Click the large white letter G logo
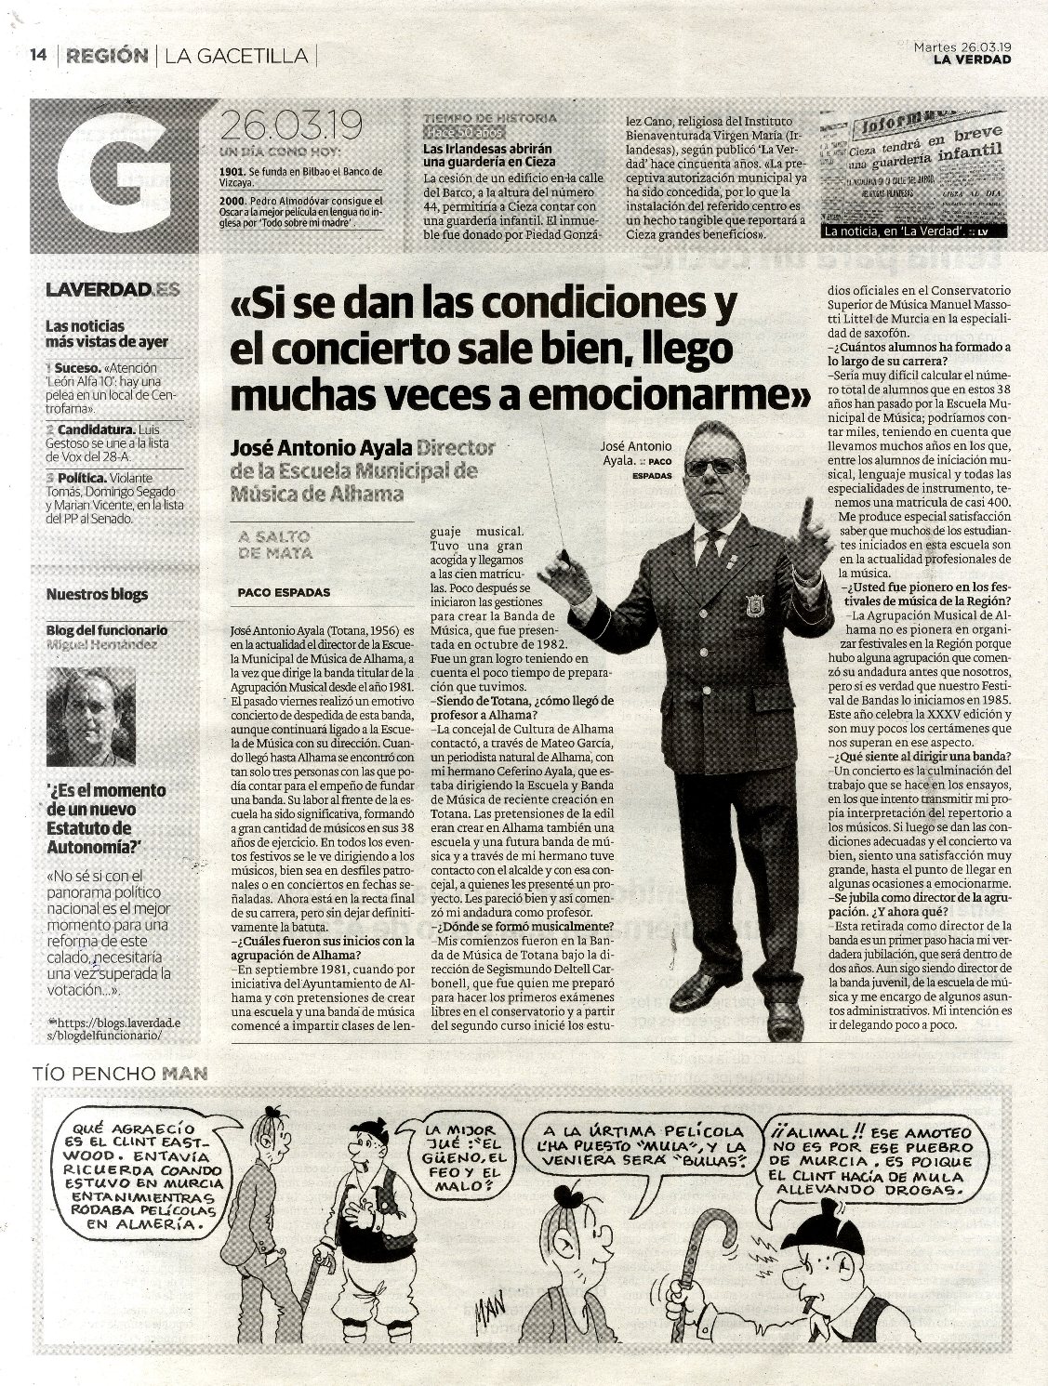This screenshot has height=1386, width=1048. pyautogui.click(x=114, y=177)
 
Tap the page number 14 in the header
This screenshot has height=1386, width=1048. pyautogui.click(x=38, y=56)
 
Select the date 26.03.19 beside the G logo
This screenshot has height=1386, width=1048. pyautogui.click(x=290, y=125)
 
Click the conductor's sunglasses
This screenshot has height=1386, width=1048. pyautogui.click(x=713, y=467)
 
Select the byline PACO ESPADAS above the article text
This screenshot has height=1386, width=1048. pyautogui.click(x=284, y=592)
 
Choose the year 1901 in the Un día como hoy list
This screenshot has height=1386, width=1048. pyautogui.click(x=232, y=173)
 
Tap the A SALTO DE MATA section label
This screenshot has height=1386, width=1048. pyautogui.click(x=275, y=545)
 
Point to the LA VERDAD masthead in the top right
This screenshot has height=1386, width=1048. pyautogui.click(x=972, y=60)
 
